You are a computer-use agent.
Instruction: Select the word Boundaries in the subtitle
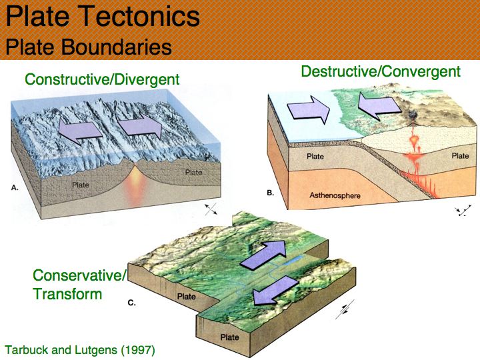tap(116, 47)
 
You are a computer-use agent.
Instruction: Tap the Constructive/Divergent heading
tap(102, 79)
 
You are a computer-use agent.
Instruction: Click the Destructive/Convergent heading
tap(381, 71)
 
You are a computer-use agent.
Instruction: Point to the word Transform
tap(67, 294)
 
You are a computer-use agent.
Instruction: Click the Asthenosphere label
tap(335, 195)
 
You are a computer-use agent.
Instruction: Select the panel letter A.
tap(15, 187)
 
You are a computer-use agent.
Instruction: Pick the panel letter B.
tap(270, 193)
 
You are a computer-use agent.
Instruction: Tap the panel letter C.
tap(131, 303)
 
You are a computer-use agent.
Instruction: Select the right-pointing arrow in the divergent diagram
tap(139, 125)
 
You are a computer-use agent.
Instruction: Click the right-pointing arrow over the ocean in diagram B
tap(308, 109)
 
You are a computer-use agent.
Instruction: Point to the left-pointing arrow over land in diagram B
tap(379, 106)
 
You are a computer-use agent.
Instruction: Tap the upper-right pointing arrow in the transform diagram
tap(263, 255)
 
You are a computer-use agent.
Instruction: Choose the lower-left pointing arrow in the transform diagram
tap(275, 290)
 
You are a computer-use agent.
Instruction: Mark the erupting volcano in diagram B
tap(413, 118)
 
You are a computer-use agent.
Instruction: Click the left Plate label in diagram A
tap(81, 185)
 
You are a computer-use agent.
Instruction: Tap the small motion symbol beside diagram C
tap(345, 309)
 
